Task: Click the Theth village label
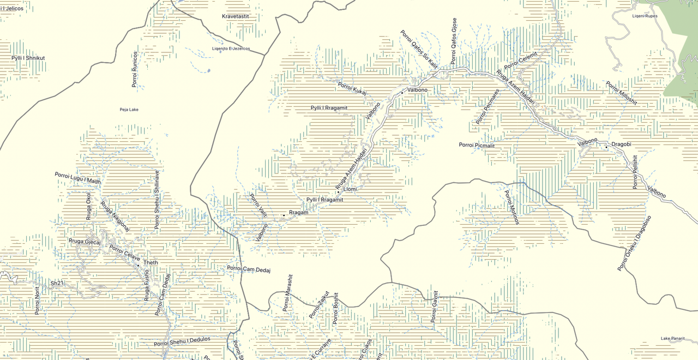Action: pyautogui.click(x=151, y=263)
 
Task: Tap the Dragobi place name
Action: pyautogui.click(x=621, y=144)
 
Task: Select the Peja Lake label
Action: pyautogui.click(x=129, y=110)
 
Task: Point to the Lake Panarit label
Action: pyautogui.click(x=672, y=339)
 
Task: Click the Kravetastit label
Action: pyautogui.click(x=235, y=16)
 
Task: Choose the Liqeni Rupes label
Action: pyautogui.click(x=645, y=16)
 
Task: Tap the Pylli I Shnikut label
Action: pyautogui.click(x=28, y=58)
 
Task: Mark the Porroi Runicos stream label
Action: pyautogui.click(x=135, y=70)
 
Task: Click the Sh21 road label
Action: pyautogui.click(x=57, y=283)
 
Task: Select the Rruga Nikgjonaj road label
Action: pyautogui.click(x=115, y=217)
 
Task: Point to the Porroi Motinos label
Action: pyautogui.click(x=512, y=207)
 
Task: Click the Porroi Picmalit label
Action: pyautogui.click(x=477, y=145)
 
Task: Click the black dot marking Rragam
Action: pyautogui.click(x=284, y=215)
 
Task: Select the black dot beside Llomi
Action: pyautogui.click(x=338, y=192)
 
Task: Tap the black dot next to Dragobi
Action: pyautogui.click(x=606, y=147)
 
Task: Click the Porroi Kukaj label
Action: pyautogui.click(x=352, y=89)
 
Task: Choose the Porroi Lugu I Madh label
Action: pyautogui.click(x=77, y=178)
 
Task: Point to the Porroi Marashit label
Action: pyautogui.click(x=288, y=293)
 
